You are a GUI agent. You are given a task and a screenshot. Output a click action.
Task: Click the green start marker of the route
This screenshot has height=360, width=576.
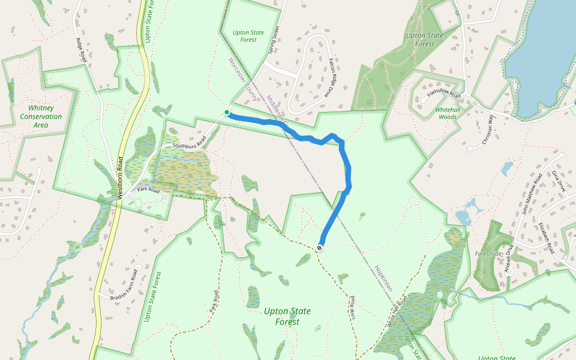[227, 112]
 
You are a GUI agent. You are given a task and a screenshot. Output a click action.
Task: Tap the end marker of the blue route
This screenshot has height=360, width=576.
[320, 247]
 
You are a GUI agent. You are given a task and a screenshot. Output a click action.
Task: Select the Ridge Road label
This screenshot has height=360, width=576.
[82, 50]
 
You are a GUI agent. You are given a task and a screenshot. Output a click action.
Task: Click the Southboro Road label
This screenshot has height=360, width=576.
[189, 142]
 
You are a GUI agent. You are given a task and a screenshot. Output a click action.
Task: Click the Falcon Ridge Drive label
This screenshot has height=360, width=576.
[330, 77]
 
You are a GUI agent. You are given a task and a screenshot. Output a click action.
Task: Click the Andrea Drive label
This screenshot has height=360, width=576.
[510, 259]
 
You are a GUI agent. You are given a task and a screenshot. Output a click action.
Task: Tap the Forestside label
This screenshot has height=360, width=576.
[488, 254]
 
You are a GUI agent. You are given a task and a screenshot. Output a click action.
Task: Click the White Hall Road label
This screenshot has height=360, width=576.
[397, 310]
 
